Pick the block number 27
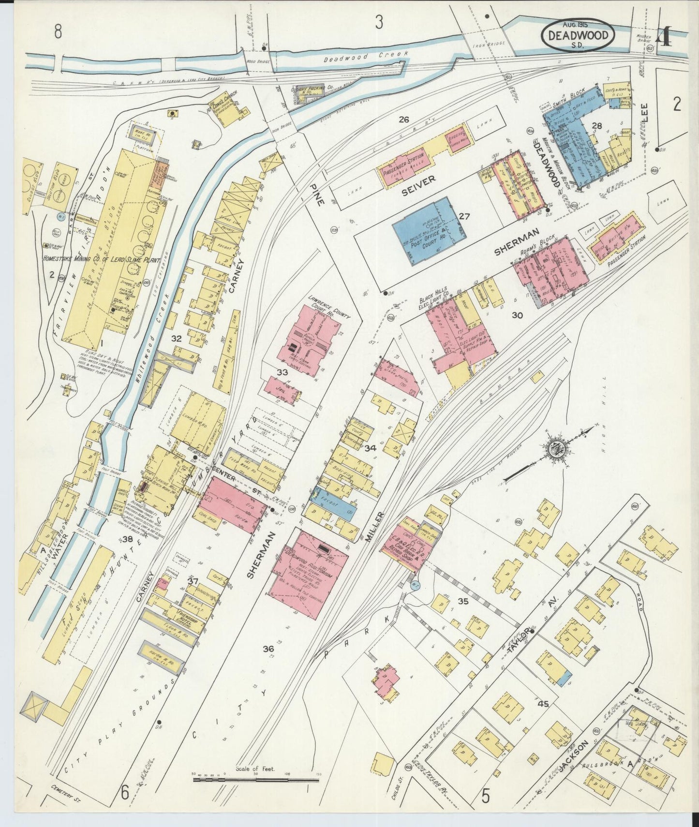tap(464, 216)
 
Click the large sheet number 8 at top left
tap(59, 32)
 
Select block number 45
tap(543, 704)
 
